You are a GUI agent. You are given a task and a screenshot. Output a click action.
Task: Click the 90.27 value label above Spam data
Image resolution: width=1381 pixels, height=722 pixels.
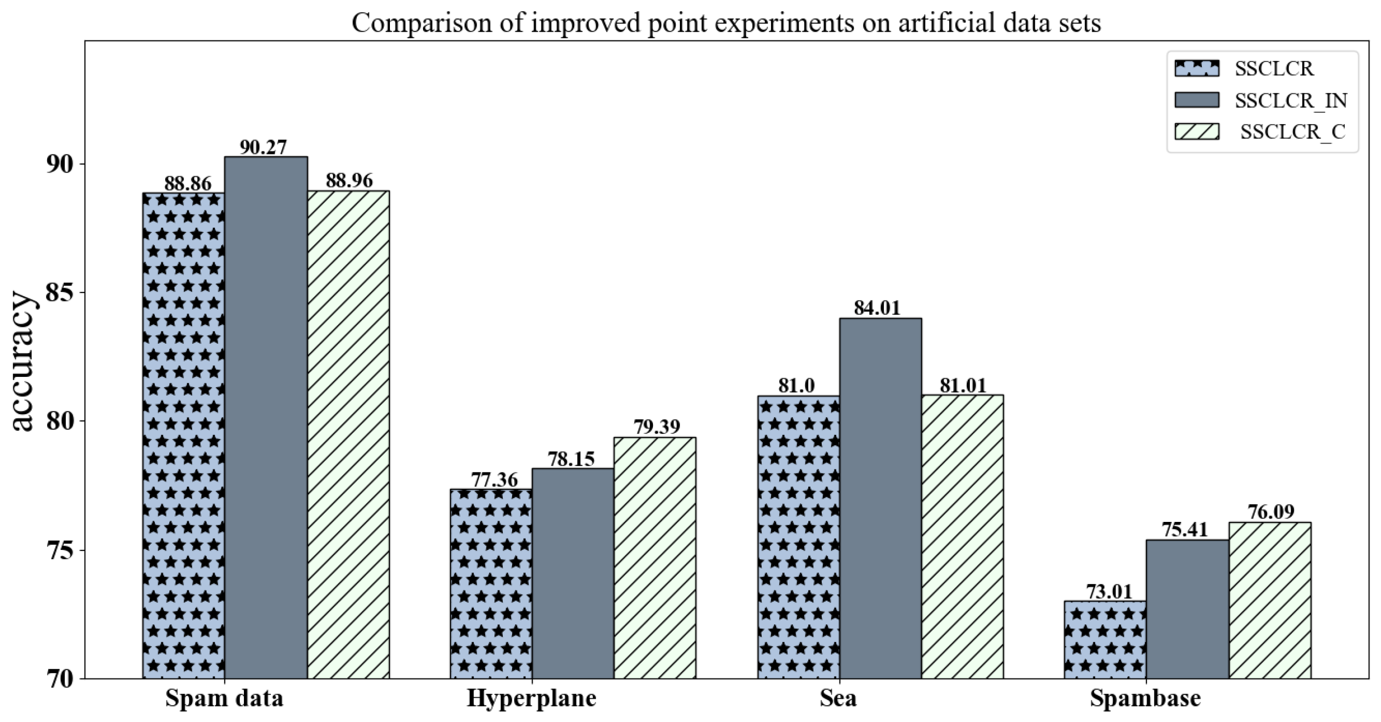[263, 147]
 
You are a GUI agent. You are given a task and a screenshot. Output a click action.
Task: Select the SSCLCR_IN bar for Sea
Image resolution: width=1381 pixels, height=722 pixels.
[880, 499]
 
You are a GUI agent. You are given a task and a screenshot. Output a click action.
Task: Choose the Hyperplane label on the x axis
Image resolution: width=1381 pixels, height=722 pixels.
[531, 698]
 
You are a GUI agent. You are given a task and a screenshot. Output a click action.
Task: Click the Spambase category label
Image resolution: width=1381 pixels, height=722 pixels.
[1145, 698]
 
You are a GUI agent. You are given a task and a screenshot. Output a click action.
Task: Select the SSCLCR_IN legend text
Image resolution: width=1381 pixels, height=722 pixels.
[1291, 100]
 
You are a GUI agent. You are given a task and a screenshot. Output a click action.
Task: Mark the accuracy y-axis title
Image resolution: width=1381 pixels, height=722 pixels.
[22, 361]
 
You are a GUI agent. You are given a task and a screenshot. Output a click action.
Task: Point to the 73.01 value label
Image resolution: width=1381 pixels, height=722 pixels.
[1105, 592]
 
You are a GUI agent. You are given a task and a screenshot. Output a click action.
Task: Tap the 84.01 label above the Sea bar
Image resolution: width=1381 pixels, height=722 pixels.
[877, 308]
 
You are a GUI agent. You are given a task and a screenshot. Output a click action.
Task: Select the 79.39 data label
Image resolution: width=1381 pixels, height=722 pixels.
[657, 427]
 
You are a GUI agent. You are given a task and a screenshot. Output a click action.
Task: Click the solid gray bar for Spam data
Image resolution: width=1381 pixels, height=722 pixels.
[266, 418]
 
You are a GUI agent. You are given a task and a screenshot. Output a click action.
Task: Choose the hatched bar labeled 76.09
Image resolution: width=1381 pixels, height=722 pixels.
[1270, 600]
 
